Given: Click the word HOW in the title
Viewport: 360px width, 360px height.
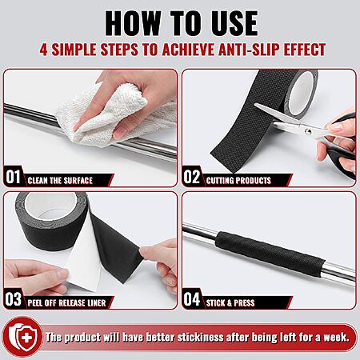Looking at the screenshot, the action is (x=133, y=23).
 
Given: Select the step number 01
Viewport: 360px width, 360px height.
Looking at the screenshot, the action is (x=13, y=177).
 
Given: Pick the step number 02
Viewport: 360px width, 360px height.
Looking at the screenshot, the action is (x=191, y=177).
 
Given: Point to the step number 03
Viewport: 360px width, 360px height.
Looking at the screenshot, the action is (x=13, y=299).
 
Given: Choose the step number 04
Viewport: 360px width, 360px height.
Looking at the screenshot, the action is (x=191, y=299).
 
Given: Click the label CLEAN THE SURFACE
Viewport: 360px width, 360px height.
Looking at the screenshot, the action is (x=60, y=181).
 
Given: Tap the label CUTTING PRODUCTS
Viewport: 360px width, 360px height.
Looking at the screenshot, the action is (x=238, y=181).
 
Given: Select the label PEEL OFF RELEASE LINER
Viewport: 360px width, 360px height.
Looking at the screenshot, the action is (x=66, y=303).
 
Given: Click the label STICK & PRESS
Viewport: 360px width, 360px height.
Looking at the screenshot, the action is (x=230, y=303).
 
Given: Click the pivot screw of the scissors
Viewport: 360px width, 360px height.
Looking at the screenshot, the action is (x=308, y=131).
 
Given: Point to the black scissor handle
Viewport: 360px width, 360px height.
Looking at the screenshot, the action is (x=342, y=158).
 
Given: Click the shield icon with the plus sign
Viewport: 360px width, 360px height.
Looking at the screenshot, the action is (x=22, y=337).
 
